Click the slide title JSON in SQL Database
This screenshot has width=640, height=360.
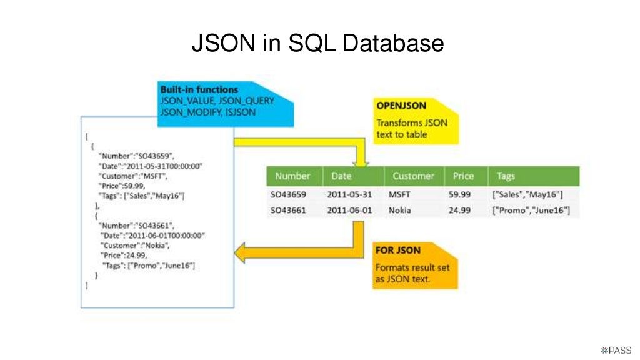317,44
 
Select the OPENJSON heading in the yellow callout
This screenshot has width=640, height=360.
401,106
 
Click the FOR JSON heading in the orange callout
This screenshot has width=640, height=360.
397,251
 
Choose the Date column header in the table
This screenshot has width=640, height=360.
341,176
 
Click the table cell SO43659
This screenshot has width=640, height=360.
288,194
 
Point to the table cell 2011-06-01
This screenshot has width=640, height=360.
349,211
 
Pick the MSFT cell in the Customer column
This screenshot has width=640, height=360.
399,194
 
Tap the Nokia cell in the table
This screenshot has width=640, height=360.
400,211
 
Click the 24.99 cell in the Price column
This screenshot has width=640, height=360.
459,211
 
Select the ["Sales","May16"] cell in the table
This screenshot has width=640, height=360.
528,194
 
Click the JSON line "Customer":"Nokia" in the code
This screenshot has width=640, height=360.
134,246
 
